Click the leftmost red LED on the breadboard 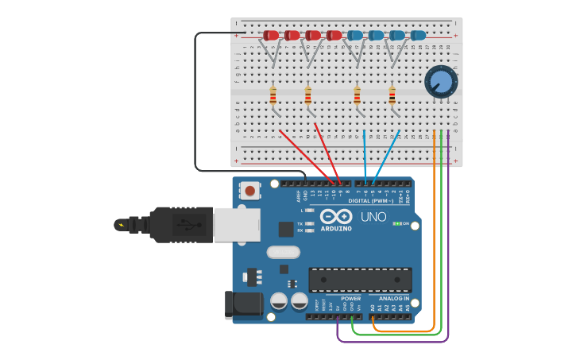271,35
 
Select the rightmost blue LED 418,35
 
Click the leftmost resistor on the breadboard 273,96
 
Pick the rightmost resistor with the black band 392,95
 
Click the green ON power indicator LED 396,223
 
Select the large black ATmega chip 360,280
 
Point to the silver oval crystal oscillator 283,253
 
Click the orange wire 435,238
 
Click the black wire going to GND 195,103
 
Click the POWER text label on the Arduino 350,299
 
